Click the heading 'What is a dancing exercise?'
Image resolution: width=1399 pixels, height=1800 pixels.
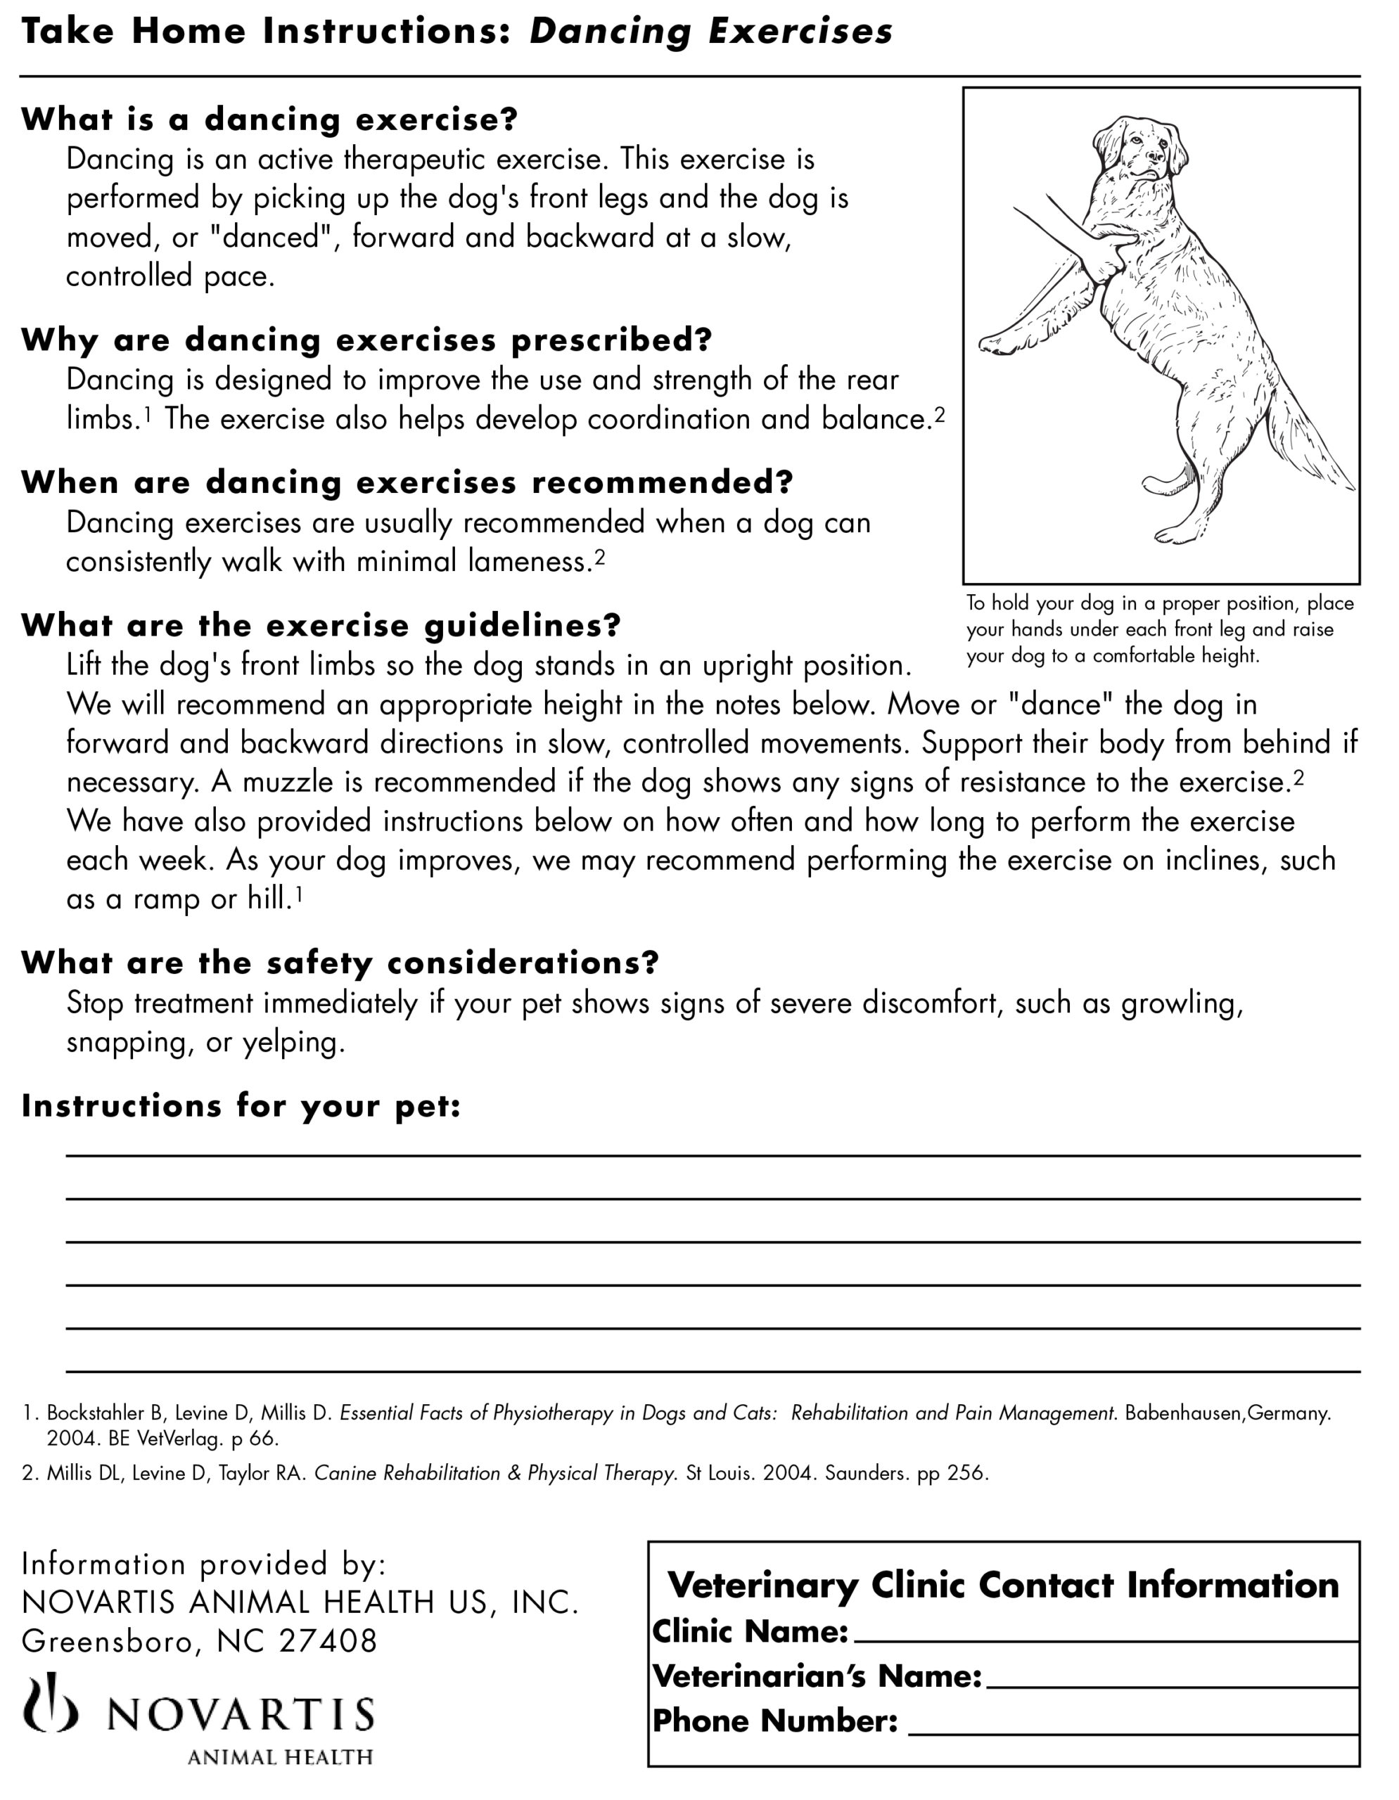[269, 120]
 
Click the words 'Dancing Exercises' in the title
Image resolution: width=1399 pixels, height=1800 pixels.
[710, 32]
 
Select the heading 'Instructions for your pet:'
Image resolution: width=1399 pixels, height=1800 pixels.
[241, 1106]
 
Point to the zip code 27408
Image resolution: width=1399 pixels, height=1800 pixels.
[328, 1641]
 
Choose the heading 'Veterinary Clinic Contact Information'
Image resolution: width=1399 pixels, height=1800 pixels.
[1002, 1585]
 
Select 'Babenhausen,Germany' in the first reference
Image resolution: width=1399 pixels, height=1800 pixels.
[1227, 1413]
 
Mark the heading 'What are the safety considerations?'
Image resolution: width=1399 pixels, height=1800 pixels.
[340, 963]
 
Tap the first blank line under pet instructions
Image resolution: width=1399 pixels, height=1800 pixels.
[713, 1155]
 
